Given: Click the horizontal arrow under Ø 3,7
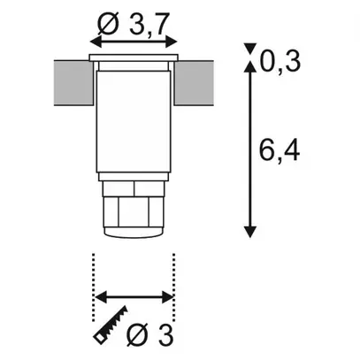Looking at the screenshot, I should tap(135, 42).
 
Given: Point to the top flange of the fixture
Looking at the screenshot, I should tap(135, 57).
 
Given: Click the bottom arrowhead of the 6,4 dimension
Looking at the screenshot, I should tap(253, 231).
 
